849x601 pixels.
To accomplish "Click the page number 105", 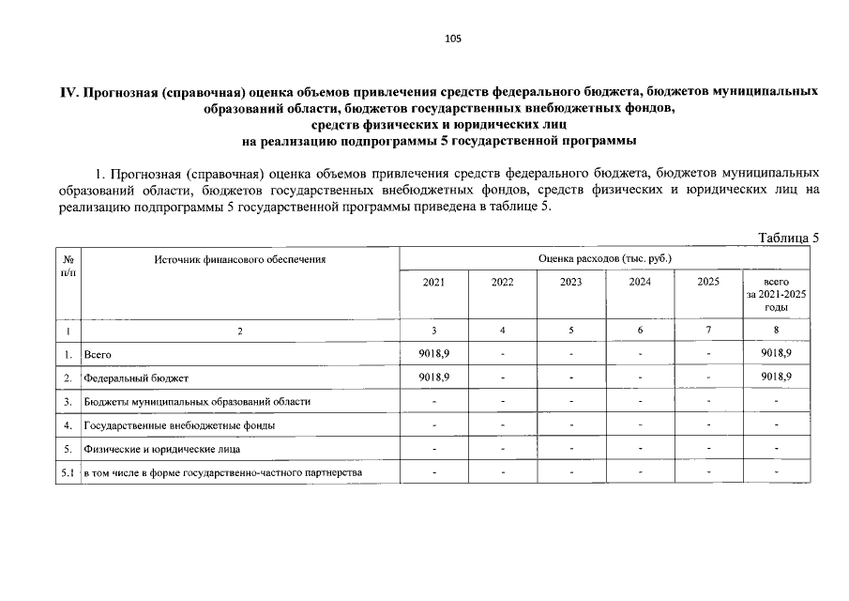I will [x=453, y=39].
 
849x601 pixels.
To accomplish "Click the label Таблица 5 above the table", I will [x=788, y=238].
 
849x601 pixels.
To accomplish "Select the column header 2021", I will [x=434, y=282].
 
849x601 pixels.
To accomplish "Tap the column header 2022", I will [x=503, y=282].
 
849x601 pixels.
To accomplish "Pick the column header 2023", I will [x=571, y=282].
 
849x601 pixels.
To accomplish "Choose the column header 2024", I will [x=640, y=282].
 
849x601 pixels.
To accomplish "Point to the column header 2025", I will [x=708, y=282].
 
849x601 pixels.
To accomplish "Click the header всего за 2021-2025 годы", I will [x=777, y=294].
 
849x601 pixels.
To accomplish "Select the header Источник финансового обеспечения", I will [x=240, y=258].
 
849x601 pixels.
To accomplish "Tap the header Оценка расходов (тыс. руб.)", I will [x=605, y=257].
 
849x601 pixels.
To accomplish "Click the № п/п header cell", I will [x=68, y=264].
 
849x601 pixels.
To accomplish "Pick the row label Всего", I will [x=98, y=354].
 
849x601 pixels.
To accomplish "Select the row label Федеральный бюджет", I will [x=136, y=378].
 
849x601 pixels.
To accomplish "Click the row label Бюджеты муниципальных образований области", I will [x=197, y=402].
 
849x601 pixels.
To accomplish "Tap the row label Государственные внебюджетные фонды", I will [x=179, y=425].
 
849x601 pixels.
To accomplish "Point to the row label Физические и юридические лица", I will [x=162, y=449].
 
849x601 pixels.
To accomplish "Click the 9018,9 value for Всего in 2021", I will [x=434, y=352].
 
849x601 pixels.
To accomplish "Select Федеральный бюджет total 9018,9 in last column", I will [x=777, y=377].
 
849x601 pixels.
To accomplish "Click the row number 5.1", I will [x=68, y=472].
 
